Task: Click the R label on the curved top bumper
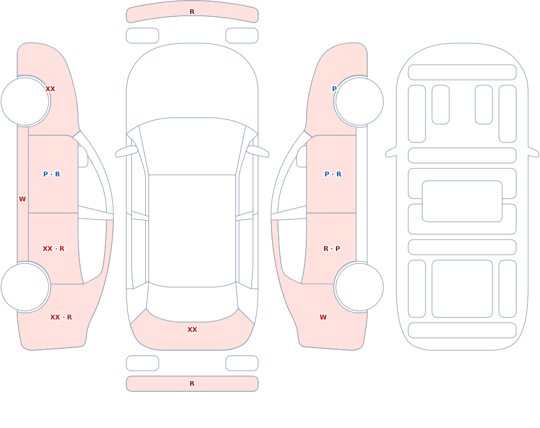pyautogui.click(x=192, y=12)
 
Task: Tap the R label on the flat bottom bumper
pyautogui.click(x=192, y=384)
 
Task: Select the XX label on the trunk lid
pyautogui.click(x=192, y=330)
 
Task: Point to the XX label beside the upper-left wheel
pyautogui.click(x=50, y=89)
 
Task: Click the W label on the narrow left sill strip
pyautogui.click(x=22, y=199)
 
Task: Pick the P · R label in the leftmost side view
pyautogui.click(x=52, y=174)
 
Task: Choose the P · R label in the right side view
pyautogui.click(x=333, y=174)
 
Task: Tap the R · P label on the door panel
pyautogui.click(x=332, y=249)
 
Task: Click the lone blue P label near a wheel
pyautogui.click(x=334, y=89)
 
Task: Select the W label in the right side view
pyautogui.click(x=323, y=317)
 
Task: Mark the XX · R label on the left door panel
pyautogui.click(x=53, y=249)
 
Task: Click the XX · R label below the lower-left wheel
pyautogui.click(x=61, y=317)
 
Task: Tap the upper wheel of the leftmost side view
pyautogui.click(x=25, y=101)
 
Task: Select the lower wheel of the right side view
pyautogui.click(x=359, y=287)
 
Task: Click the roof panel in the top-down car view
pyautogui.click(x=192, y=230)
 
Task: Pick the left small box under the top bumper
pyautogui.click(x=143, y=36)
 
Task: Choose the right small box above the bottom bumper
pyautogui.click(x=242, y=363)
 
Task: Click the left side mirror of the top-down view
pyautogui.click(x=126, y=151)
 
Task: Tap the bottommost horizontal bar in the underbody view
pyautogui.click(x=462, y=330)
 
